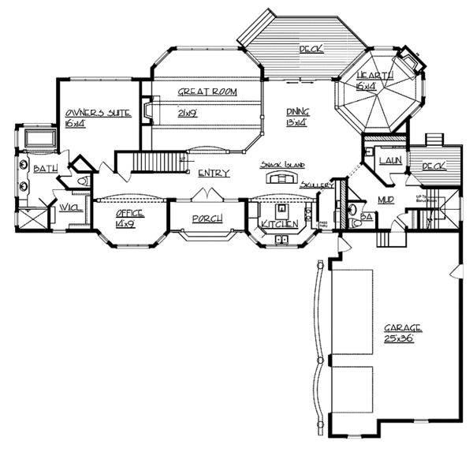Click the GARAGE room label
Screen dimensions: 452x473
click(x=404, y=327)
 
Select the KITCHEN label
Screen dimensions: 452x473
click(x=280, y=226)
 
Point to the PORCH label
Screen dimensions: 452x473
click(x=207, y=219)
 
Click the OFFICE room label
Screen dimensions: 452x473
click(x=128, y=214)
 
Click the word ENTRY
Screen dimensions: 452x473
click(x=214, y=174)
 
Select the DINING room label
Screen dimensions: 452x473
click(x=297, y=112)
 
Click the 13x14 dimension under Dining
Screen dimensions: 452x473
click(x=297, y=123)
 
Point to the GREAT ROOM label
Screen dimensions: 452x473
click(x=207, y=92)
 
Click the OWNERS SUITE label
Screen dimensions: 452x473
click(x=97, y=114)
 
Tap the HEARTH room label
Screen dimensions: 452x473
click(x=370, y=75)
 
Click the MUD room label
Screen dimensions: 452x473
click(x=386, y=200)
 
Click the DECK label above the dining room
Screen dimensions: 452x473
click(x=310, y=50)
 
